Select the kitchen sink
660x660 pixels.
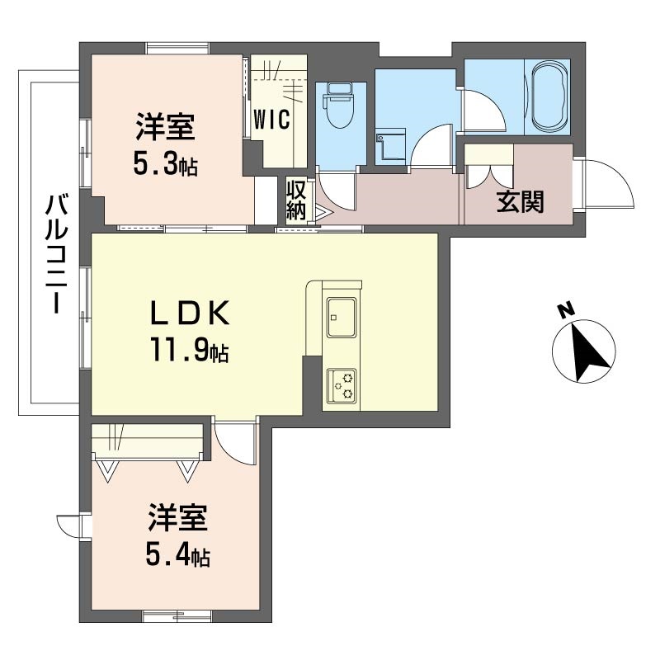pos(342,318)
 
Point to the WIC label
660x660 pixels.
pos(272,119)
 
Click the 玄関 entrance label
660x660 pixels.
pos(521,201)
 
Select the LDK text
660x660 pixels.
pos(190,313)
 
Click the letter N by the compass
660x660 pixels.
pos(567,310)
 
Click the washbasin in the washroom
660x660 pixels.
pos(391,146)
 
